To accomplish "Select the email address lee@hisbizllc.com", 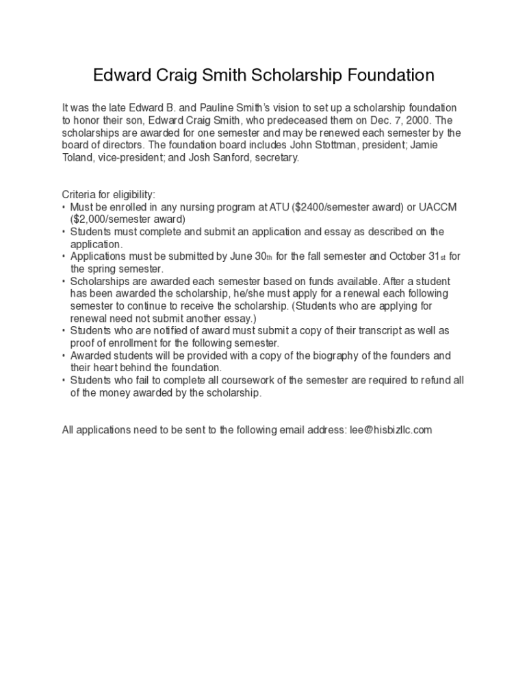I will tap(391, 430).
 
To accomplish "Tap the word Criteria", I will tap(80, 195).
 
